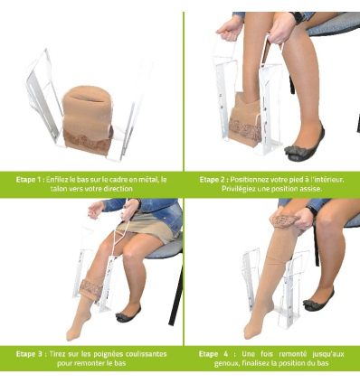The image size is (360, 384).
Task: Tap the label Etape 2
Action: click(213, 180)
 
